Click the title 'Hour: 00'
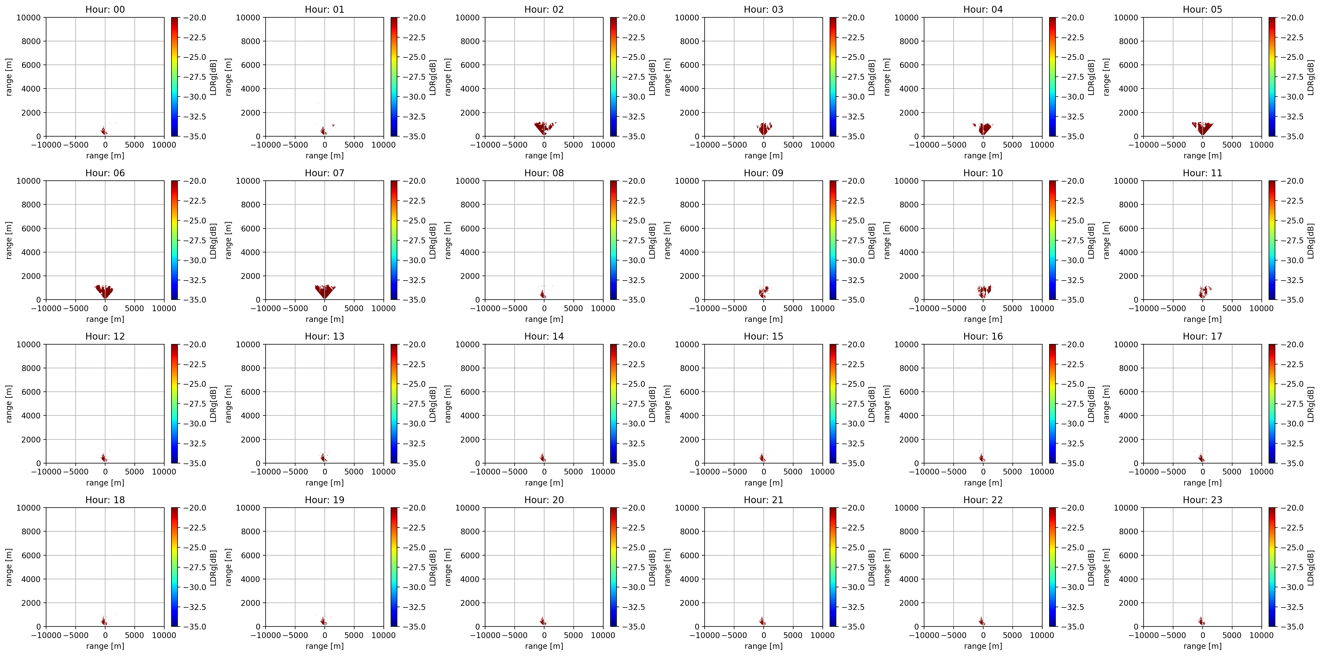pyautogui.click(x=105, y=9)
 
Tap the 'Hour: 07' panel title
pyautogui.click(x=324, y=173)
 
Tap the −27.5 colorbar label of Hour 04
pyautogui.click(x=1073, y=77)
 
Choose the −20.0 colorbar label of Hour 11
pyautogui.click(x=1292, y=181)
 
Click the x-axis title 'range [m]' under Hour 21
pyautogui.click(x=763, y=646)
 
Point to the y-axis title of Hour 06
pyautogui.click(x=9, y=240)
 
